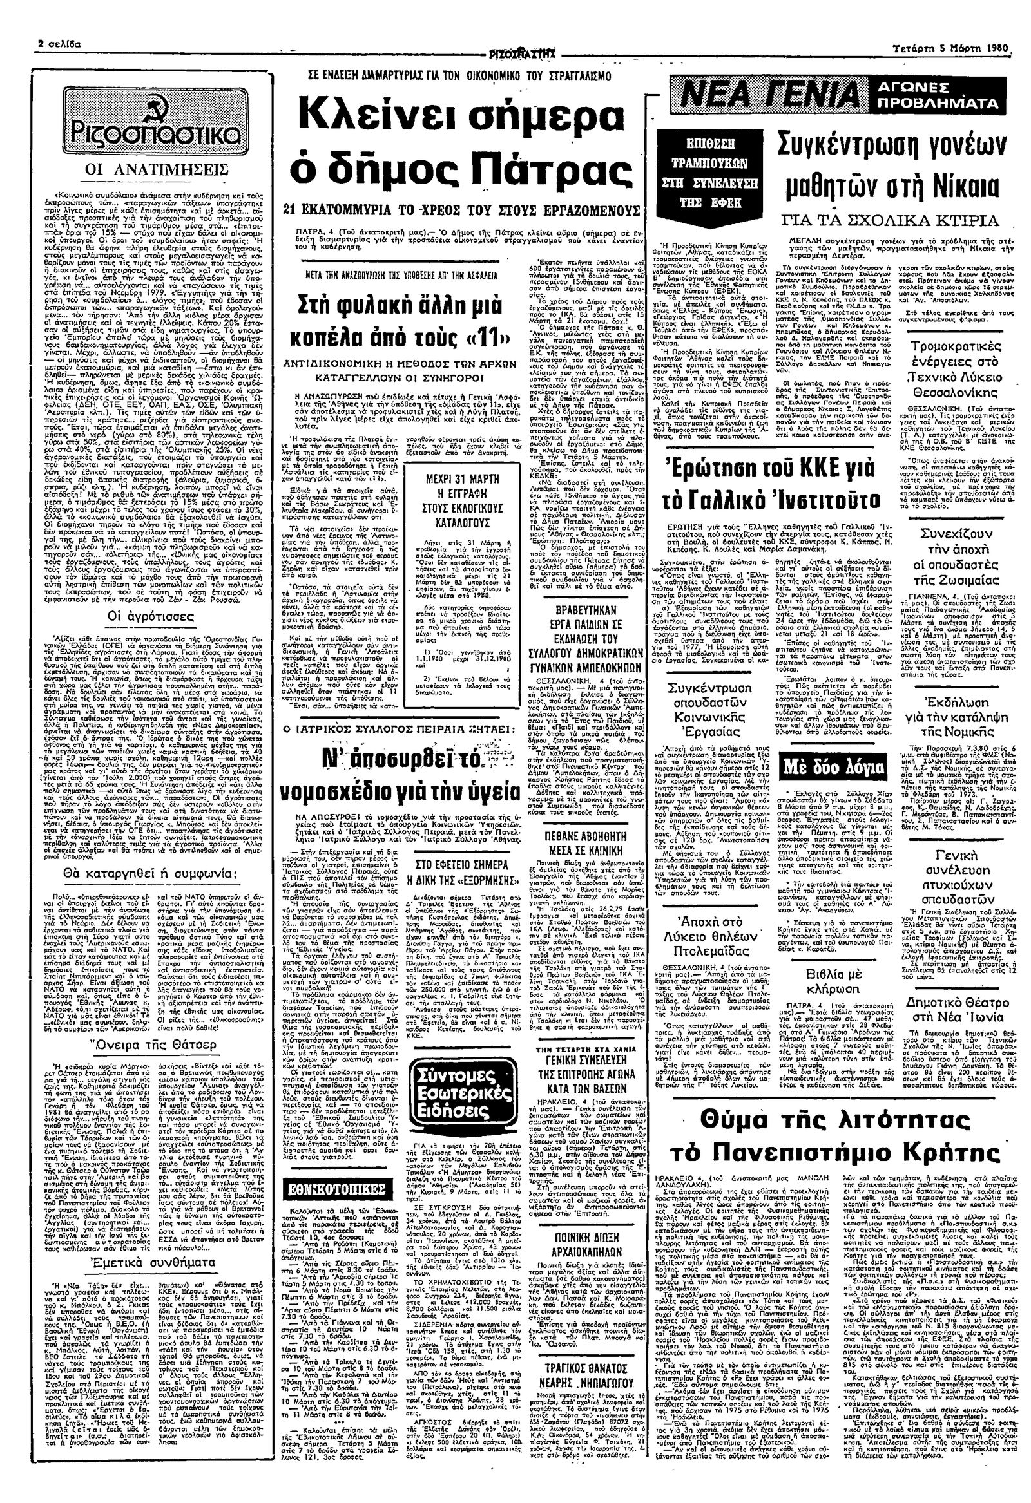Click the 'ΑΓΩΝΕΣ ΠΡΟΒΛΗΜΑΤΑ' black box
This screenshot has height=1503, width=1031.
941,96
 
